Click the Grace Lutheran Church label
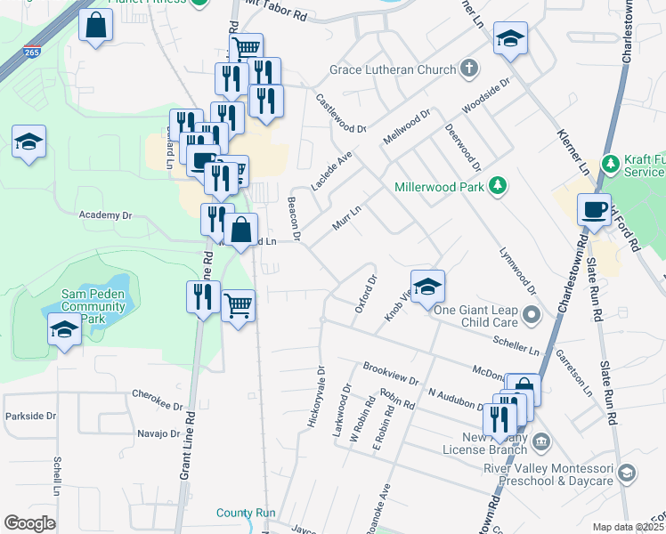tap(392, 69)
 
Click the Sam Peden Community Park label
tap(93, 305)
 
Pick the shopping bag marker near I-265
tap(96, 27)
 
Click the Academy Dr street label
tap(105, 215)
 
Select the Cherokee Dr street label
tap(157, 393)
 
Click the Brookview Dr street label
tap(390, 375)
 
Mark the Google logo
tap(29, 523)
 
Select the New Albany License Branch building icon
tap(541, 442)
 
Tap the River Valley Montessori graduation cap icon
tap(626, 473)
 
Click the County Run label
tap(246, 513)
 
